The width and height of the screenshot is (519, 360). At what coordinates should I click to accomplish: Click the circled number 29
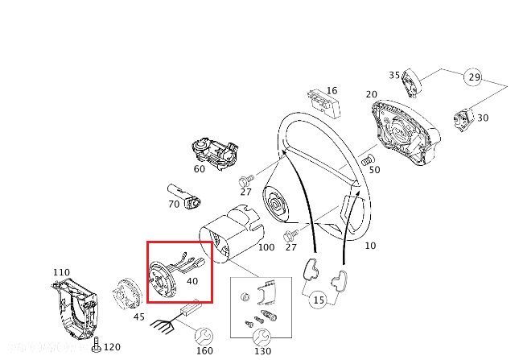474,79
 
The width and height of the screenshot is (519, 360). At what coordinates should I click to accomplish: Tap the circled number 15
319,300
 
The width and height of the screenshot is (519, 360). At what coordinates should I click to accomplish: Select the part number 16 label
332,91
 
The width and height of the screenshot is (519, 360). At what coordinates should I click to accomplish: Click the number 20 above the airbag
371,94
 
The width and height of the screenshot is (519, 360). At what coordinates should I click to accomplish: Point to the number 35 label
395,76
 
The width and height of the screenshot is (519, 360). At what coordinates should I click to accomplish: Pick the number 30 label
483,118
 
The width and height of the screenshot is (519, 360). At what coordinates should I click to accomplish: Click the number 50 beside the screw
374,169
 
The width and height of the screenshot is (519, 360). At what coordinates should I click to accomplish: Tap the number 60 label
200,169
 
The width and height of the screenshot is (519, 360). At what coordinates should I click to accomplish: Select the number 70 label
174,205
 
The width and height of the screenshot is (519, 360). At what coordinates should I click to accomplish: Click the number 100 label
267,246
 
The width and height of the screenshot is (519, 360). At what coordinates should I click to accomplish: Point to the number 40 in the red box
192,281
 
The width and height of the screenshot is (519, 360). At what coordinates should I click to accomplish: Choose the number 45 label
138,317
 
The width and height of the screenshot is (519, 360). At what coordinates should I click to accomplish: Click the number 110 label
61,272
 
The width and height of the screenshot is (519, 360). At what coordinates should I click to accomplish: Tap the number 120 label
112,347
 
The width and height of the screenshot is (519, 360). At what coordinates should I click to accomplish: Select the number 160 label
204,351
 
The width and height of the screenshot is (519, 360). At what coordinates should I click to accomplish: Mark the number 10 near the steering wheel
370,245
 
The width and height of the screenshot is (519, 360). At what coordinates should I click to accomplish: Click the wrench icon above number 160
204,334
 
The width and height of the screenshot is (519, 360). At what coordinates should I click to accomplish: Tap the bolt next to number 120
97,346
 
